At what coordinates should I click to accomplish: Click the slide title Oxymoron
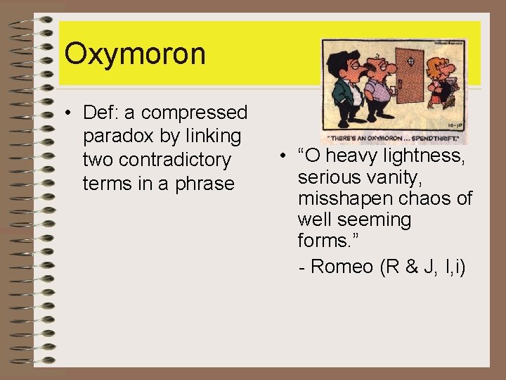coord(134,54)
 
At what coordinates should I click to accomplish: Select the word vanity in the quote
coord(391,177)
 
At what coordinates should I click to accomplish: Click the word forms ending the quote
coord(323,241)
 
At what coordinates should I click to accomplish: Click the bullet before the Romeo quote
coord(280,156)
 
